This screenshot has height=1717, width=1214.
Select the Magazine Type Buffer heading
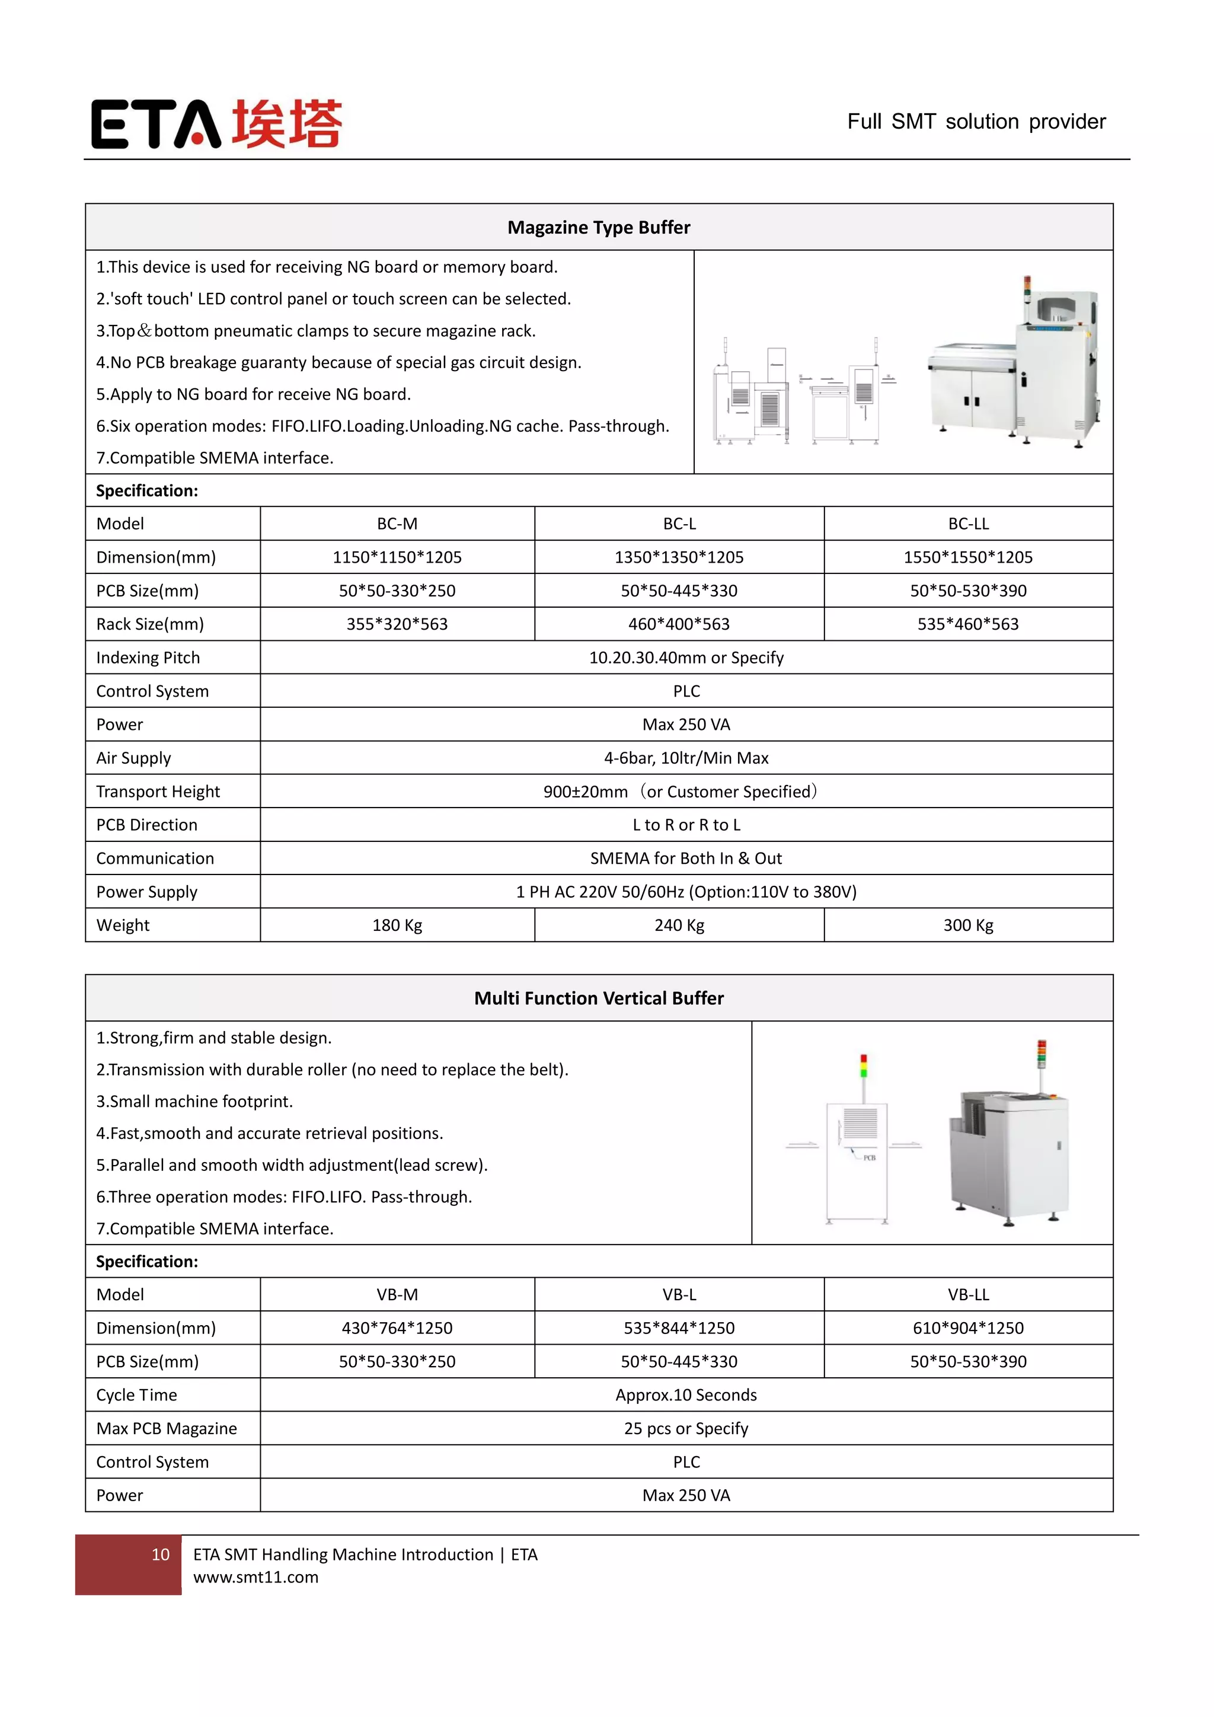coord(599,227)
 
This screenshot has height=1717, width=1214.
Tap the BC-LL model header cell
coord(968,524)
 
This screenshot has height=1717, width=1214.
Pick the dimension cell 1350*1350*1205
coord(679,557)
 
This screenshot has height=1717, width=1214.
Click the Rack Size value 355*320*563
coord(397,624)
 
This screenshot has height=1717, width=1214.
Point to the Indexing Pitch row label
coord(148,658)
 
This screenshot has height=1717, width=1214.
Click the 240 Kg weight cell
coord(679,925)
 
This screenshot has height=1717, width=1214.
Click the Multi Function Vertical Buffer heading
coord(599,998)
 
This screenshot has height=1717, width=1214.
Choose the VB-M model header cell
coord(397,1294)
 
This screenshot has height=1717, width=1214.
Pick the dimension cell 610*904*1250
coord(968,1328)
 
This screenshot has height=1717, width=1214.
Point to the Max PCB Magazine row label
coord(166,1428)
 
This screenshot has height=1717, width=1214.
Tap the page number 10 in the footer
coord(160,1555)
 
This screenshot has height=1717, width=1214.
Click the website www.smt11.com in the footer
coord(255,1577)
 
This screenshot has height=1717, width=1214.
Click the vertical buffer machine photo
coord(1009,1137)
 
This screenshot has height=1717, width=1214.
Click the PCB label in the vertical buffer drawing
coord(870,1158)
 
